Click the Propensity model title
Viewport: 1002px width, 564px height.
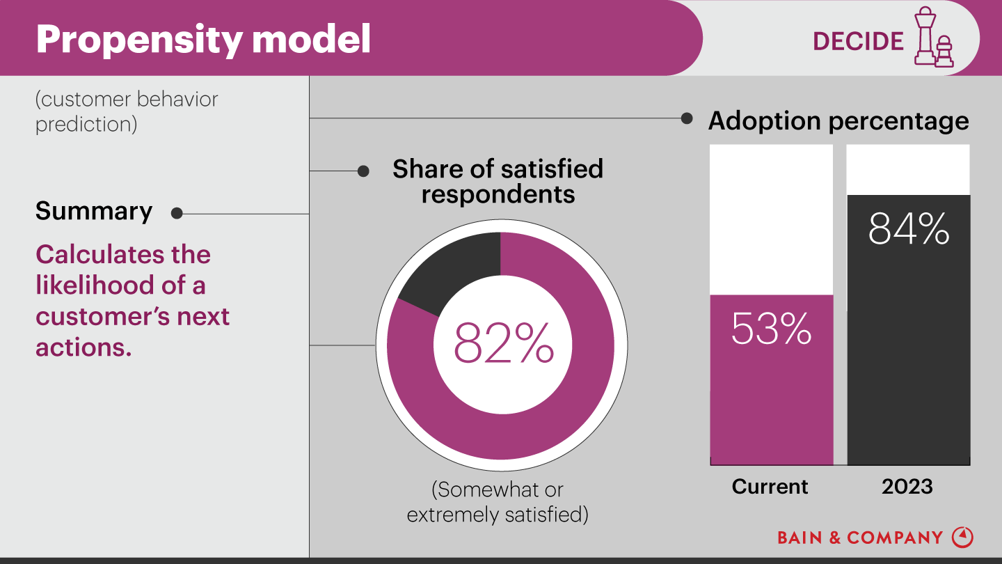pos(203,40)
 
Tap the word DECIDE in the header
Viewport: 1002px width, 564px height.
pos(858,41)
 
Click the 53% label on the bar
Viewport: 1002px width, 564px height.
pos(771,329)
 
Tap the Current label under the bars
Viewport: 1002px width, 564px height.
pos(770,486)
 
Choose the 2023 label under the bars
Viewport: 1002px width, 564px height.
pos(907,486)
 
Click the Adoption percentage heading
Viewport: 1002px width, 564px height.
pos(838,121)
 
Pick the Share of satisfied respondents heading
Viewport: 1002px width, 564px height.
pos(498,181)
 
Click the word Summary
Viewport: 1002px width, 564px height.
pos(94,211)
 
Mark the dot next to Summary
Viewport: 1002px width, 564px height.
pos(177,214)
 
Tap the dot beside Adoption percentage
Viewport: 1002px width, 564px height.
pos(687,118)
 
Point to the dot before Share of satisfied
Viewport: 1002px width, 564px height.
pos(363,171)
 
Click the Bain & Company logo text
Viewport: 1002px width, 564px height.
pos(860,538)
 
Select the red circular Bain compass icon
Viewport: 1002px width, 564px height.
pos(962,537)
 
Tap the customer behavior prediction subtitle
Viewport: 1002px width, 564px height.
pos(127,111)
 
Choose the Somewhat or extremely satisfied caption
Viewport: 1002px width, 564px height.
pos(498,502)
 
